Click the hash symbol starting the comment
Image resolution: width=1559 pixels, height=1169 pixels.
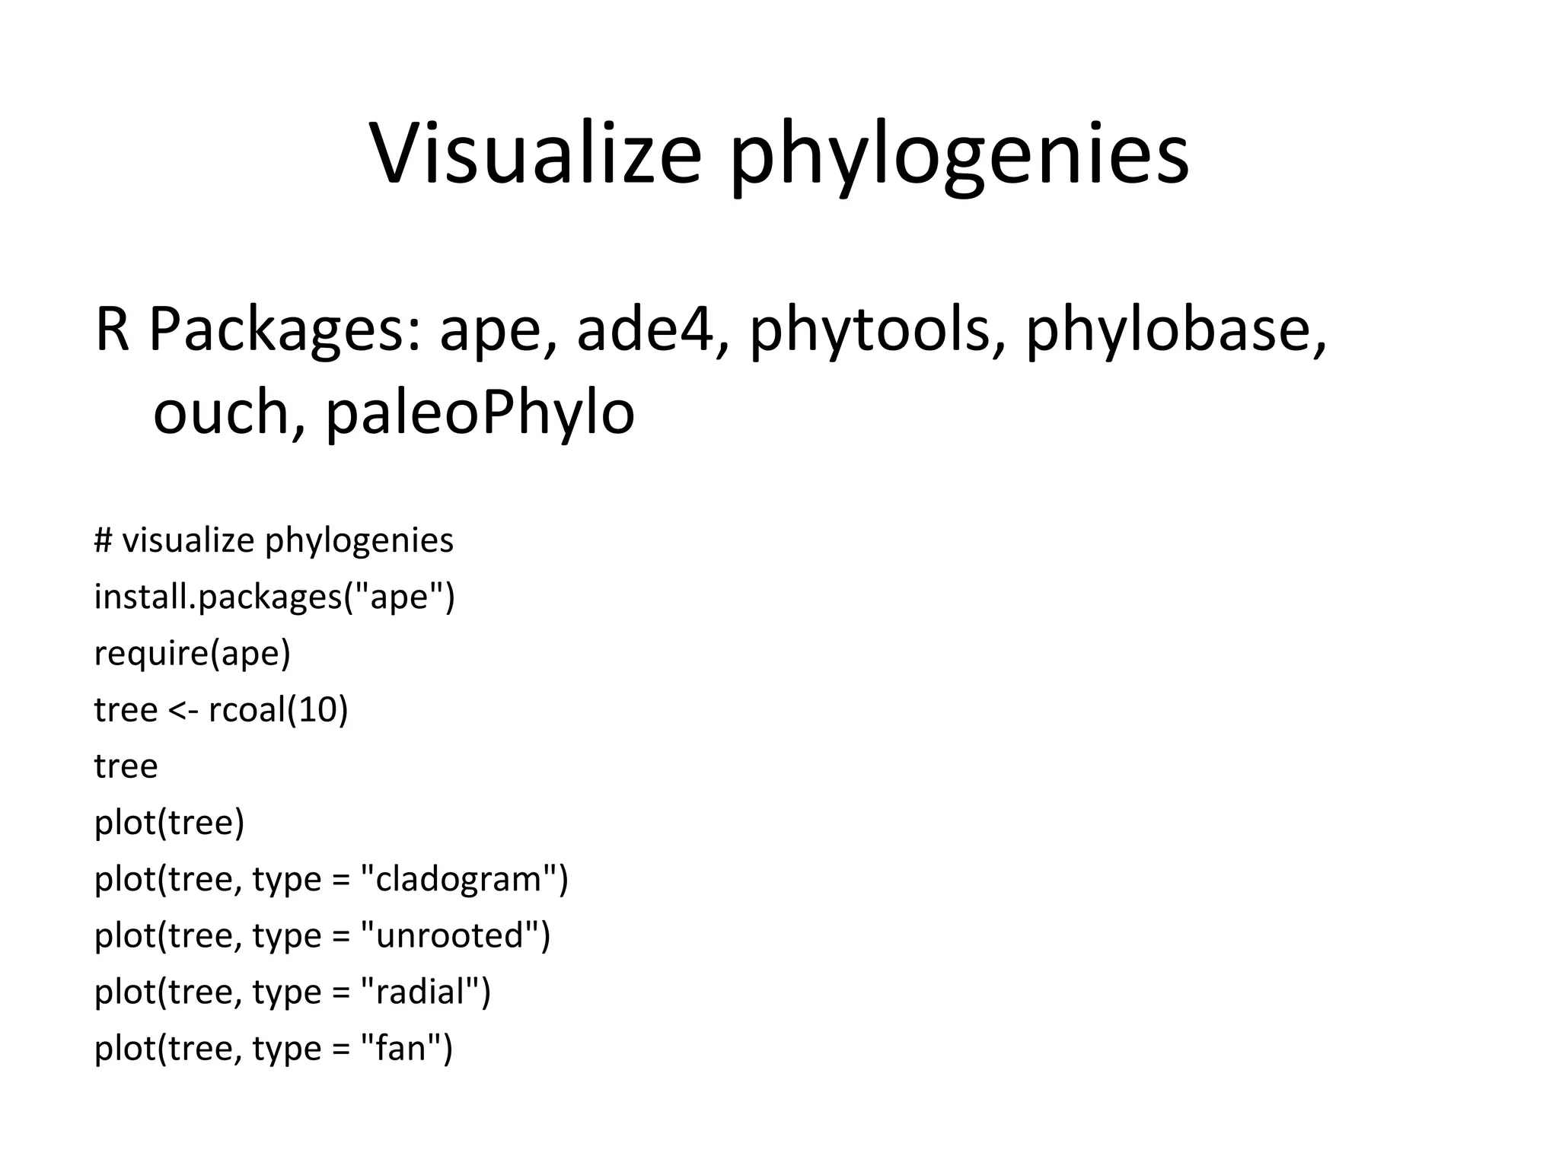(x=104, y=540)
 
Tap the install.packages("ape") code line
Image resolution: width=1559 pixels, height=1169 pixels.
(x=274, y=597)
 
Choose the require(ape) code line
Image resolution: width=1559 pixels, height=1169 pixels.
(x=193, y=653)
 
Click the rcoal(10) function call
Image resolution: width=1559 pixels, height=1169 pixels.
(x=278, y=709)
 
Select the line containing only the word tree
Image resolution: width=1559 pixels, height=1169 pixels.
(x=126, y=766)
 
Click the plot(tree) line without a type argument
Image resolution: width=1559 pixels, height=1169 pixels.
(x=169, y=823)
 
